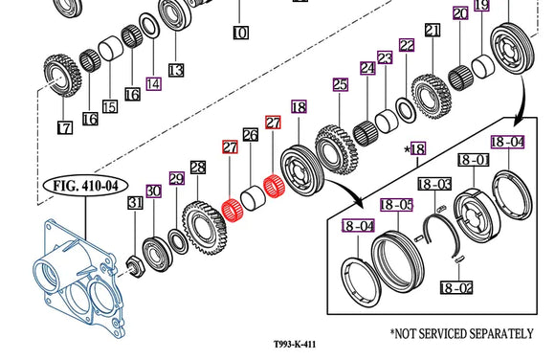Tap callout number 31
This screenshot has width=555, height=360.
tap(135, 202)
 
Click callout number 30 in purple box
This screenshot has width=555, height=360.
tap(153, 191)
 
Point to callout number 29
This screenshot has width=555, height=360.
tap(176, 178)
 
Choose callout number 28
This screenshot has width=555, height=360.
tap(198, 168)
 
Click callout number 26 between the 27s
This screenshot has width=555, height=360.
tap(252, 136)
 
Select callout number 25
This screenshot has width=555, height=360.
tap(339, 85)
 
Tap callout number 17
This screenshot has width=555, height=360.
tap(64, 126)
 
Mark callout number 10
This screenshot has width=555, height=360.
tap(239, 34)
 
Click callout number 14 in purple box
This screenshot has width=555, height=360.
tap(153, 82)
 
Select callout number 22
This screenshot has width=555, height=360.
tap(407, 45)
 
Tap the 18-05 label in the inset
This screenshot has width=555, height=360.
tap(395, 204)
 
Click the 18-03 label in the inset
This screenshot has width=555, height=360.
tap(433, 183)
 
